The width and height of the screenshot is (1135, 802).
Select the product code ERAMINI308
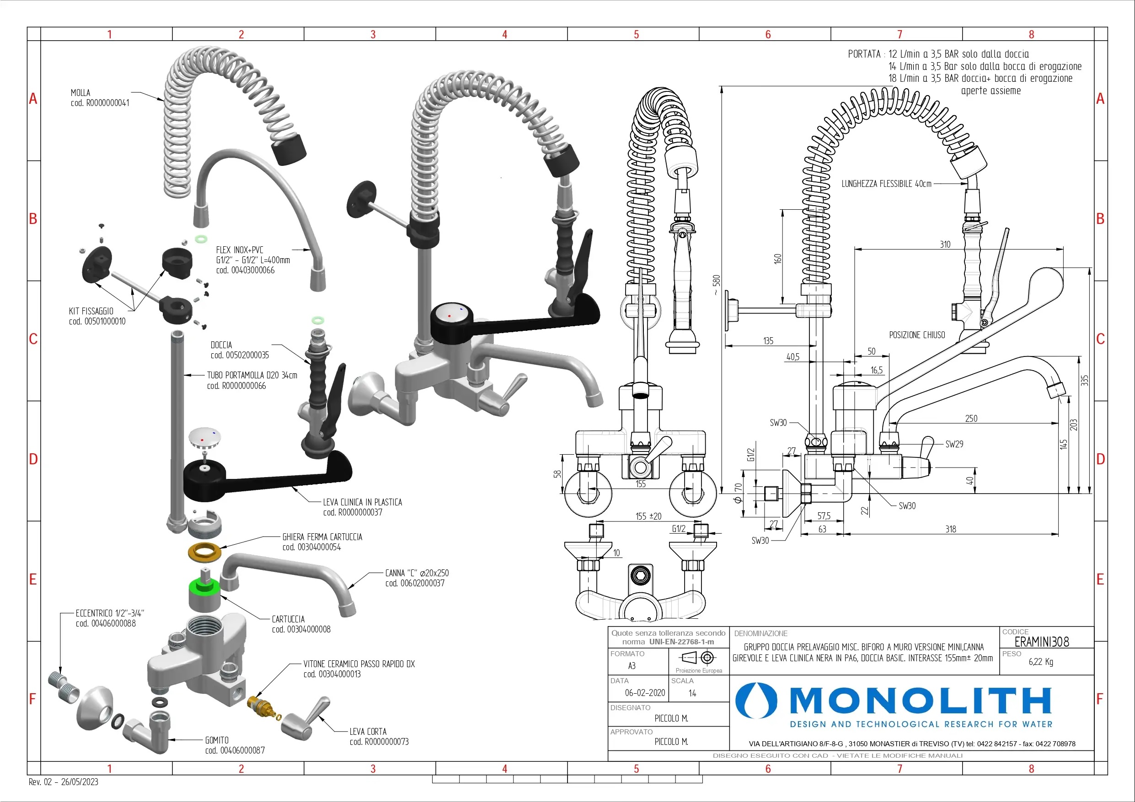pos(1042,642)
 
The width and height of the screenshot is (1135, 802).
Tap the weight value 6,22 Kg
pos(1041,662)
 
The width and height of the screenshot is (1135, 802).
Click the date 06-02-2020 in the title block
pos(645,693)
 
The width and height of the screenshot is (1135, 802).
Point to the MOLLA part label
pos(80,93)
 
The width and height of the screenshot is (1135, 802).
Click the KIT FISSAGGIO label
pos(91,311)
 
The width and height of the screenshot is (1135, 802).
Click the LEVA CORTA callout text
pos(368,731)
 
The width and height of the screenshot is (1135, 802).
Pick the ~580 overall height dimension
pos(716,285)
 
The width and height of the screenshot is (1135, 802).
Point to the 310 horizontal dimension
pos(945,244)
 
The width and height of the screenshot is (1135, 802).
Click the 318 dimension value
pos(950,529)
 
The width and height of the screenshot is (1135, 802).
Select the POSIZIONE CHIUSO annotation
pos(917,335)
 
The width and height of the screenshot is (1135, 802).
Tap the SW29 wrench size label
pos(954,444)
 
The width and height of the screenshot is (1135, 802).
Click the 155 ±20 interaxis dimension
pos(648,516)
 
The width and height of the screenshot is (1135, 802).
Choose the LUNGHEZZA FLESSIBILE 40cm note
pos(886,184)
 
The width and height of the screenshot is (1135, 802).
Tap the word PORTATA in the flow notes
pos(864,54)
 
